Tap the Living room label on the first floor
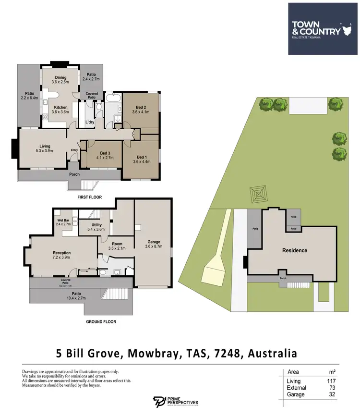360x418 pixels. [x=45, y=148]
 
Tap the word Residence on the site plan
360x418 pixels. [x=294, y=250]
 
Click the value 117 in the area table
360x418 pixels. [x=331, y=381]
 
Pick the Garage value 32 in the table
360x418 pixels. [x=332, y=394]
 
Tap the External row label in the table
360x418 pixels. [x=296, y=388]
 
